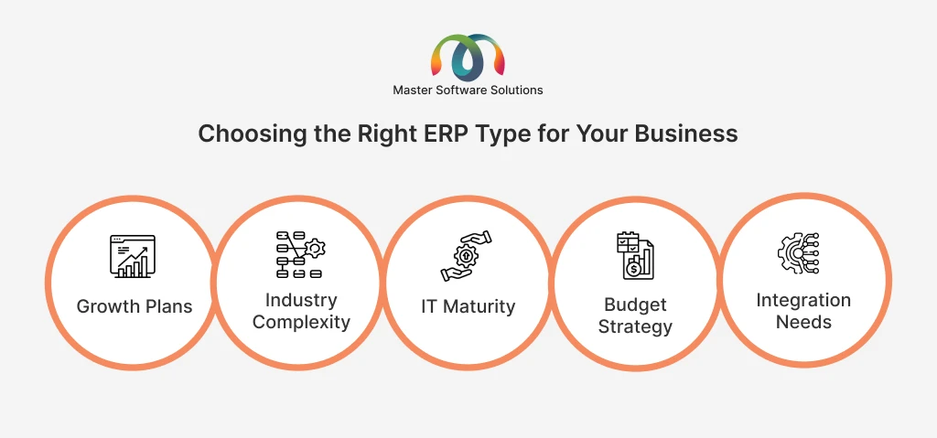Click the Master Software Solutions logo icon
pyautogui.click(x=468, y=58)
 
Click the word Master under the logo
pyautogui.click(x=411, y=91)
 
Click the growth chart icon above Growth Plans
pyautogui.click(x=133, y=256)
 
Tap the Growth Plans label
pyautogui.click(x=135, y=306)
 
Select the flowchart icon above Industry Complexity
pyautogui.click(x=300, y=255)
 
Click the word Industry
pyautogui.click(x=301, y=300)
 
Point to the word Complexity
pyautogui.click(x=301, y=322)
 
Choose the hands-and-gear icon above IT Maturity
pyautogui.click(x=466, y=256)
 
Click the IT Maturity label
pyautogui.click(x=468, y=306)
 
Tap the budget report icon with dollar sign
pyautogui.click(x=635, y=256)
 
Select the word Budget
pyautogui.click(x=635, y=304)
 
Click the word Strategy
pyautogui.click(x=635, y=326)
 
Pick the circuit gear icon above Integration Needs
pyautogui.click(x=798, y=254)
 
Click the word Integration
pyautogui.click(x=803, y=300)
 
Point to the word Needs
pyautogui.click(x=803, y=322)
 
